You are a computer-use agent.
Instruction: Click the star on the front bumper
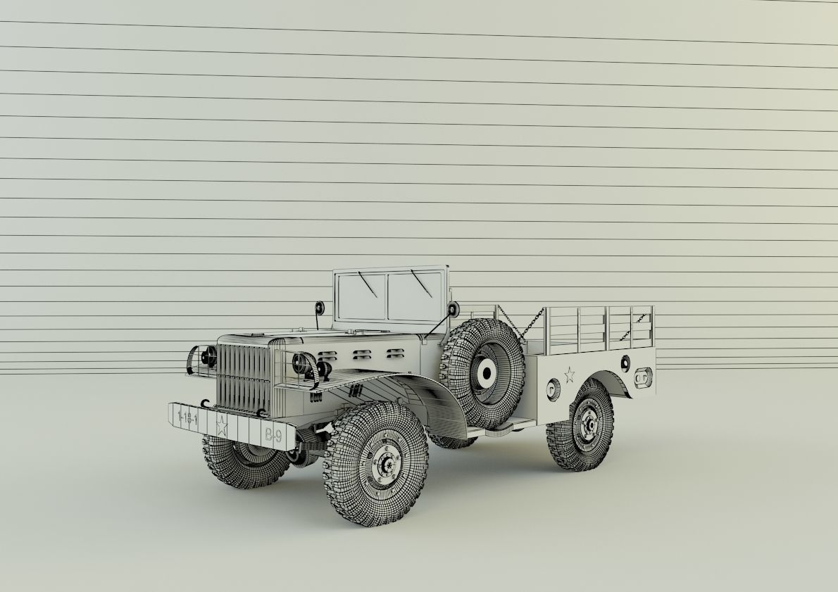pos(221,426)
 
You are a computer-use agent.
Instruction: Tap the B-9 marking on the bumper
pos(273,436)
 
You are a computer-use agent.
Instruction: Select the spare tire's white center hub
pos(484,374)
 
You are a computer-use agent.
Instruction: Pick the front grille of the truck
pos(243,377)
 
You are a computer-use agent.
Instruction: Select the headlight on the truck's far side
pos(208,358)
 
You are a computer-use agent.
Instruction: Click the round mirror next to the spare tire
pos(453,308)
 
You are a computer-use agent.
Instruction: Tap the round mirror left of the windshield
pos(320,308)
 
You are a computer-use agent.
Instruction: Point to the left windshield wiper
pos(366,284)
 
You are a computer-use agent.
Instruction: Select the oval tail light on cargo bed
pos(642,379)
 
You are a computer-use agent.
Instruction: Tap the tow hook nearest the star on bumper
pos(205,403)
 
